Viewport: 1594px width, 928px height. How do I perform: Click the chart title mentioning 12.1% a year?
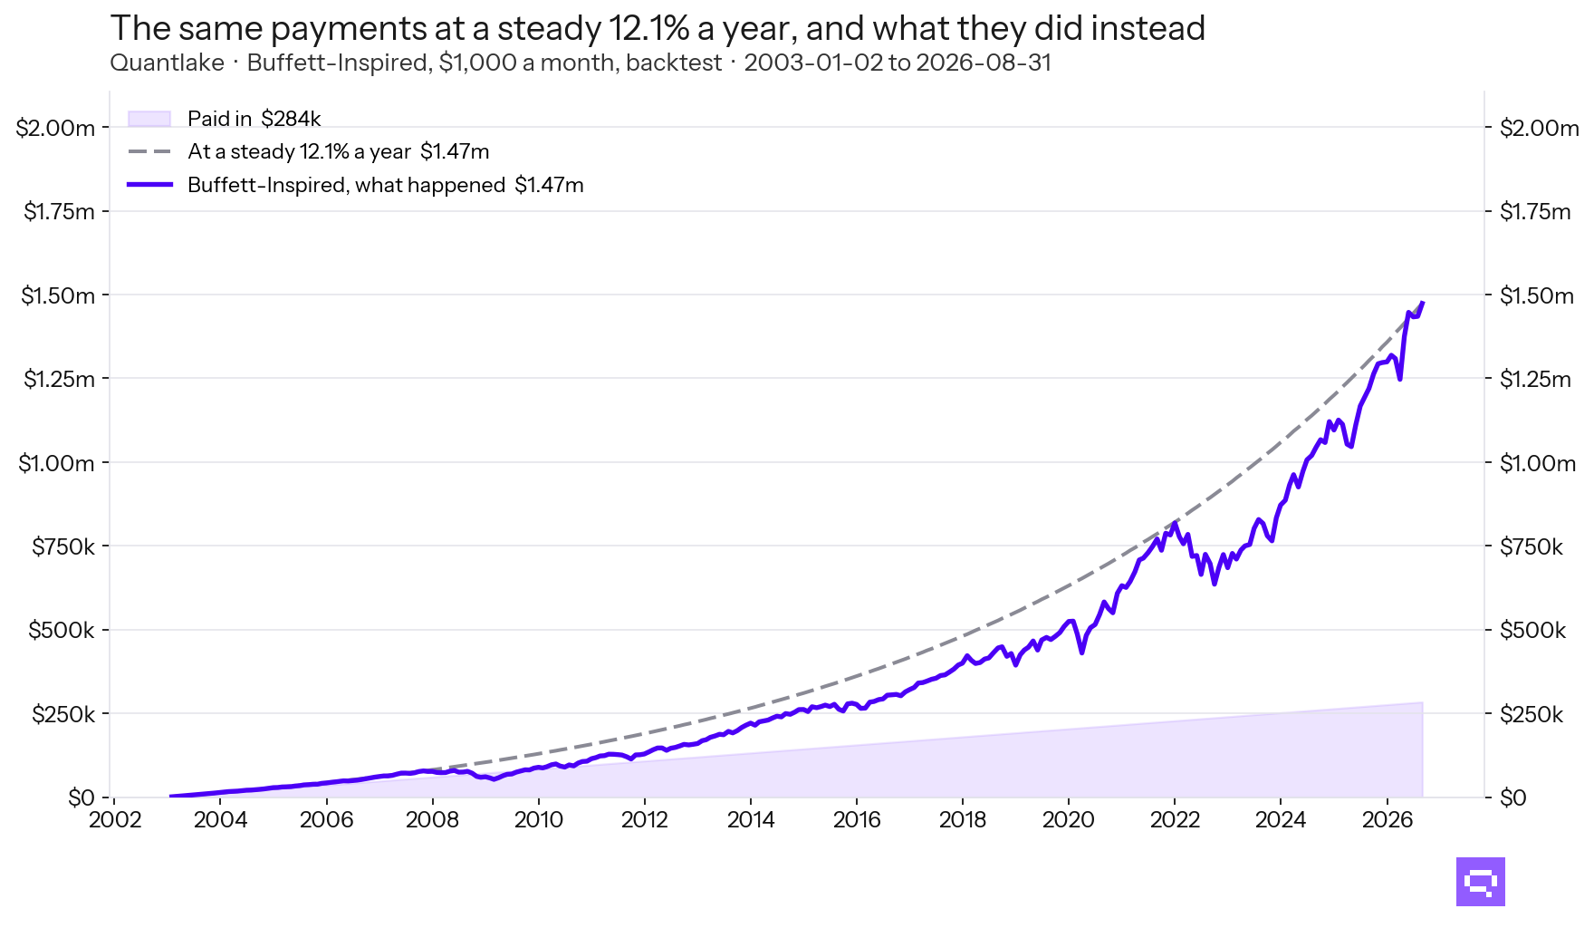(658, 29)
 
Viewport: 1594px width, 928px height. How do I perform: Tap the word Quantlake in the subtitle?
(168, 63)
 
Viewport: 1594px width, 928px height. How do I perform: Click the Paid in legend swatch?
(149, 119)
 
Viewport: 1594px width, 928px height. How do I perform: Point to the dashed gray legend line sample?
(149, 151)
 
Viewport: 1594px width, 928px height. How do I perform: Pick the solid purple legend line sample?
(149, 185)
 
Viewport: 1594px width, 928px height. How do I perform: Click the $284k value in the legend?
(291, 119)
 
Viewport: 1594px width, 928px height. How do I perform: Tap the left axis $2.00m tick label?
(55, 128)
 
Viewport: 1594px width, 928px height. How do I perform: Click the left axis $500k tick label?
(62, 631)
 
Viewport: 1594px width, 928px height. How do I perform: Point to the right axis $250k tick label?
(1532, 714)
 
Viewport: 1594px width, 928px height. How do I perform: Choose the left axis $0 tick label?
(82, 797)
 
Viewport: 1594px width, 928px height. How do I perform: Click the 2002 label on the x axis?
(115, 820)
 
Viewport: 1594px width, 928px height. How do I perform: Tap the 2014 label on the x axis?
(751, 820)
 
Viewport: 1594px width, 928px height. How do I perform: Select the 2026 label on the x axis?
(1387, 820)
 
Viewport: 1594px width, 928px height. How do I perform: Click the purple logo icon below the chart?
(1481, 882)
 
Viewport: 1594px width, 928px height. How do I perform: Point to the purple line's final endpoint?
(1423, 303)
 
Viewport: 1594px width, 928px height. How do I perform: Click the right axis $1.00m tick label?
(1538, 463)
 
